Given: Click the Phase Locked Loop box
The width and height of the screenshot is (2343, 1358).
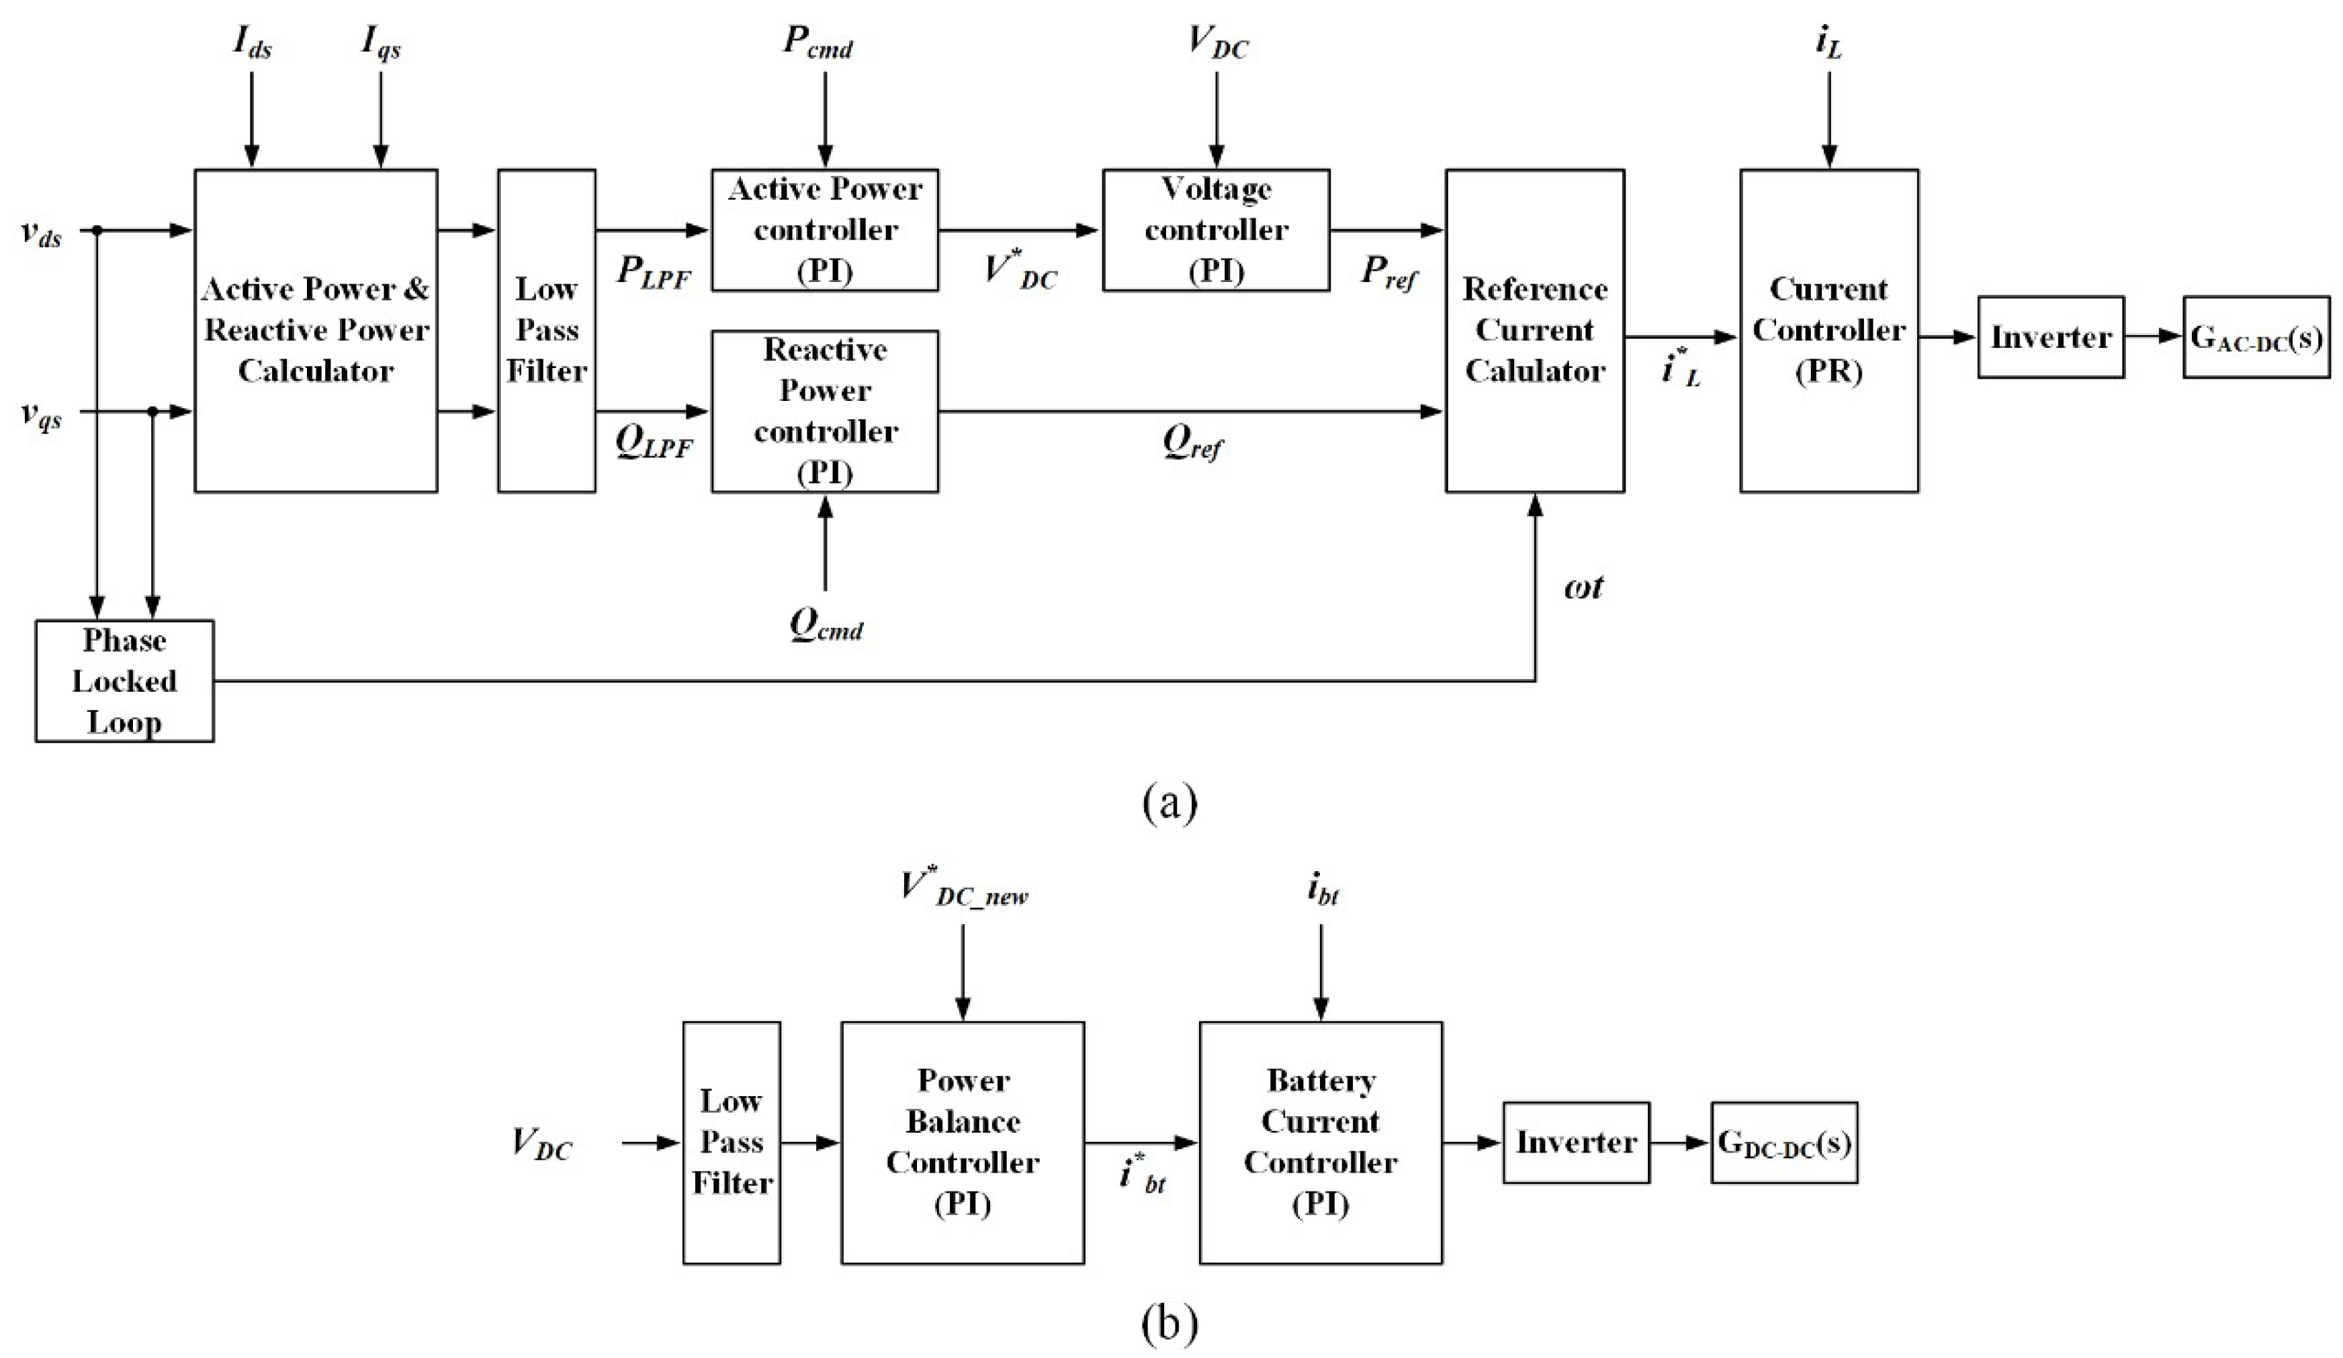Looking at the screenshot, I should point(124,680).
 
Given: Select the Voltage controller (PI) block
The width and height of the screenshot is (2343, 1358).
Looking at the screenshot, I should point(1215,230).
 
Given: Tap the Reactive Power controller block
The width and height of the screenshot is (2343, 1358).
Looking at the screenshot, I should point(825,411).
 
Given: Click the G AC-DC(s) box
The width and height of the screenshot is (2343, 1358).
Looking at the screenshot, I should point(2256,336).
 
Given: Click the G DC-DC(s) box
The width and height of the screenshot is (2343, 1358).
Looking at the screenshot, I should point(1783,1142).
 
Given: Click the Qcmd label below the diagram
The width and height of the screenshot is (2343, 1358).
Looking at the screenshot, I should point(825,625).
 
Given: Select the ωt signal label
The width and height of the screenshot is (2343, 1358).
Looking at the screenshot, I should point(1583,588).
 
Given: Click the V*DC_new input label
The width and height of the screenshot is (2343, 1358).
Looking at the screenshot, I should point(963,888).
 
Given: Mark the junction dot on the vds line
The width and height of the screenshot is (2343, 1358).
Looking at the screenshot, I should point(97,230).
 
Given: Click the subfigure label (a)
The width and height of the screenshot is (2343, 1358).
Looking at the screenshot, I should point(1169,801).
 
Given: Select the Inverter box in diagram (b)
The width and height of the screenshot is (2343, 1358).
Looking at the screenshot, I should point(1576,1142).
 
